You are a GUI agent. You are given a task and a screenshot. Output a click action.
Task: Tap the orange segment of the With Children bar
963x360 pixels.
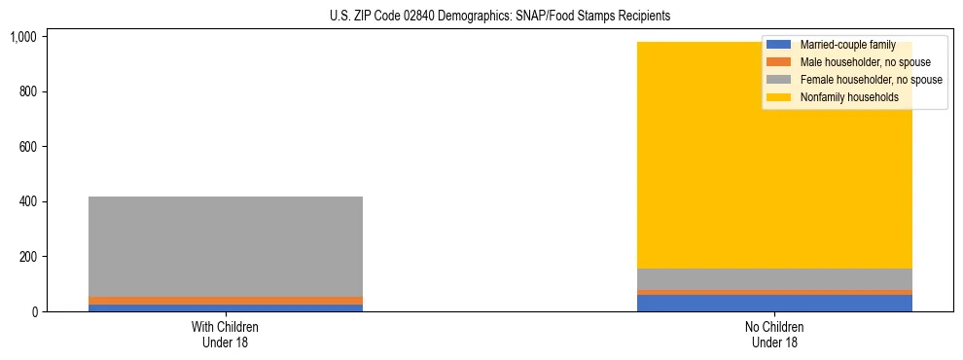point(226,301)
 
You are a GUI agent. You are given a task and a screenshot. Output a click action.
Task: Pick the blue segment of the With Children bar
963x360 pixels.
point(226,307)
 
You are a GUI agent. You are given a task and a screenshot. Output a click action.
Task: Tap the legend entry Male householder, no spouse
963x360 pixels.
point(865,62)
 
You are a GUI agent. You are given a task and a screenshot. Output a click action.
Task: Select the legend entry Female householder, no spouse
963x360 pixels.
point(871,80)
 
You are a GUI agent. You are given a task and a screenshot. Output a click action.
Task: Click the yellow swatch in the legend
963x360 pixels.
point(779,97)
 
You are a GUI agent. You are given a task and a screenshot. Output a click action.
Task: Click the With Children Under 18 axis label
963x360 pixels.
point(226,335)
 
